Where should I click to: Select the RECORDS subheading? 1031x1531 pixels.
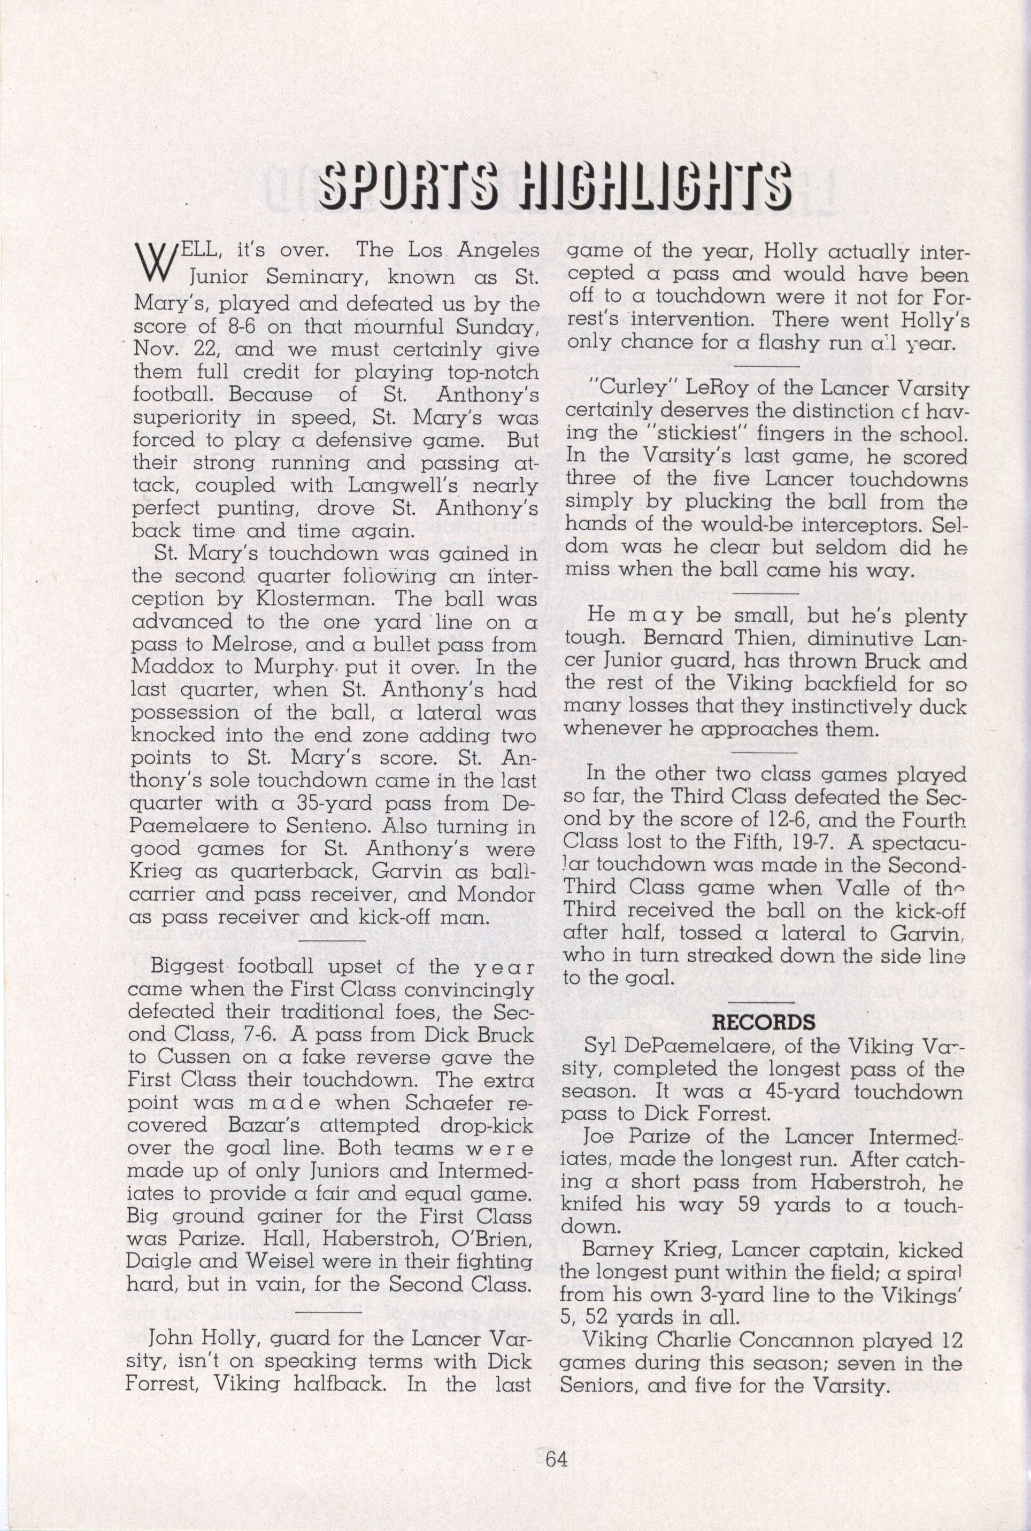pos(764,1022)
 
